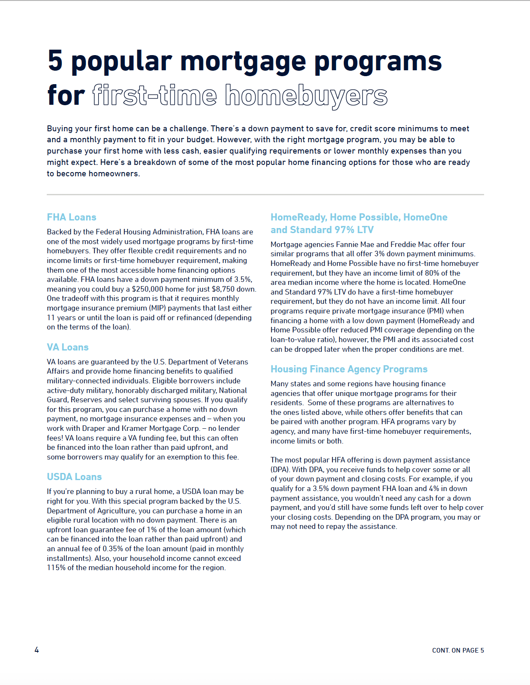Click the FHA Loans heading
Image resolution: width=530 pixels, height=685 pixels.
(x=72, y=217)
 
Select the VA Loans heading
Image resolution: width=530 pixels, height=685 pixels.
(x=68, y=347)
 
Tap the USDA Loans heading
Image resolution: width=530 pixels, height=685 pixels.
(x=74, y=477)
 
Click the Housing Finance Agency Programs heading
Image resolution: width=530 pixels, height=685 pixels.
(x=349, y=369)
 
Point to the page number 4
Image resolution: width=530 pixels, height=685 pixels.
(x=37, y=650)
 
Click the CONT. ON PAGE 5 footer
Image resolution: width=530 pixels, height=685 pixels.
(x=458, y=650)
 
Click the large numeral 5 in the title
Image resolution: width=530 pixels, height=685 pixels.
(x=55, y=61)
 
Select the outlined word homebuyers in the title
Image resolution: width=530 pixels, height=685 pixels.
(x=306, y=96)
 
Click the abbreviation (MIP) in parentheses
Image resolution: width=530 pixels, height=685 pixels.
(x=157, y=308)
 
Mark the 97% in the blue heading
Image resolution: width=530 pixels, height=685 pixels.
(x=344, y=230)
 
